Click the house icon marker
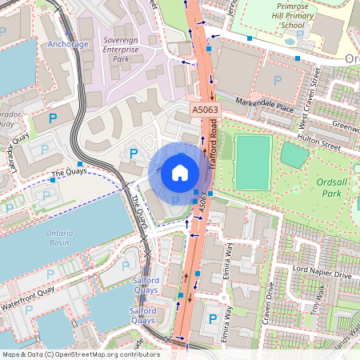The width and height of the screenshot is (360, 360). [x=180, y=173]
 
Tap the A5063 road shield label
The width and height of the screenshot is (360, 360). [x=205, y=109]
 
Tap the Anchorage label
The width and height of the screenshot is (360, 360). [x=67, y=44]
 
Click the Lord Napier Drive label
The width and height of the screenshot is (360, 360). [x=322, y=274]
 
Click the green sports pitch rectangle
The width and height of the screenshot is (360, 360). [x=254, y=162]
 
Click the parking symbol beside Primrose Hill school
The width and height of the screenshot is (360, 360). [x=278, y=80]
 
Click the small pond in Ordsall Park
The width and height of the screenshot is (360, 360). [x=294, y=155]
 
